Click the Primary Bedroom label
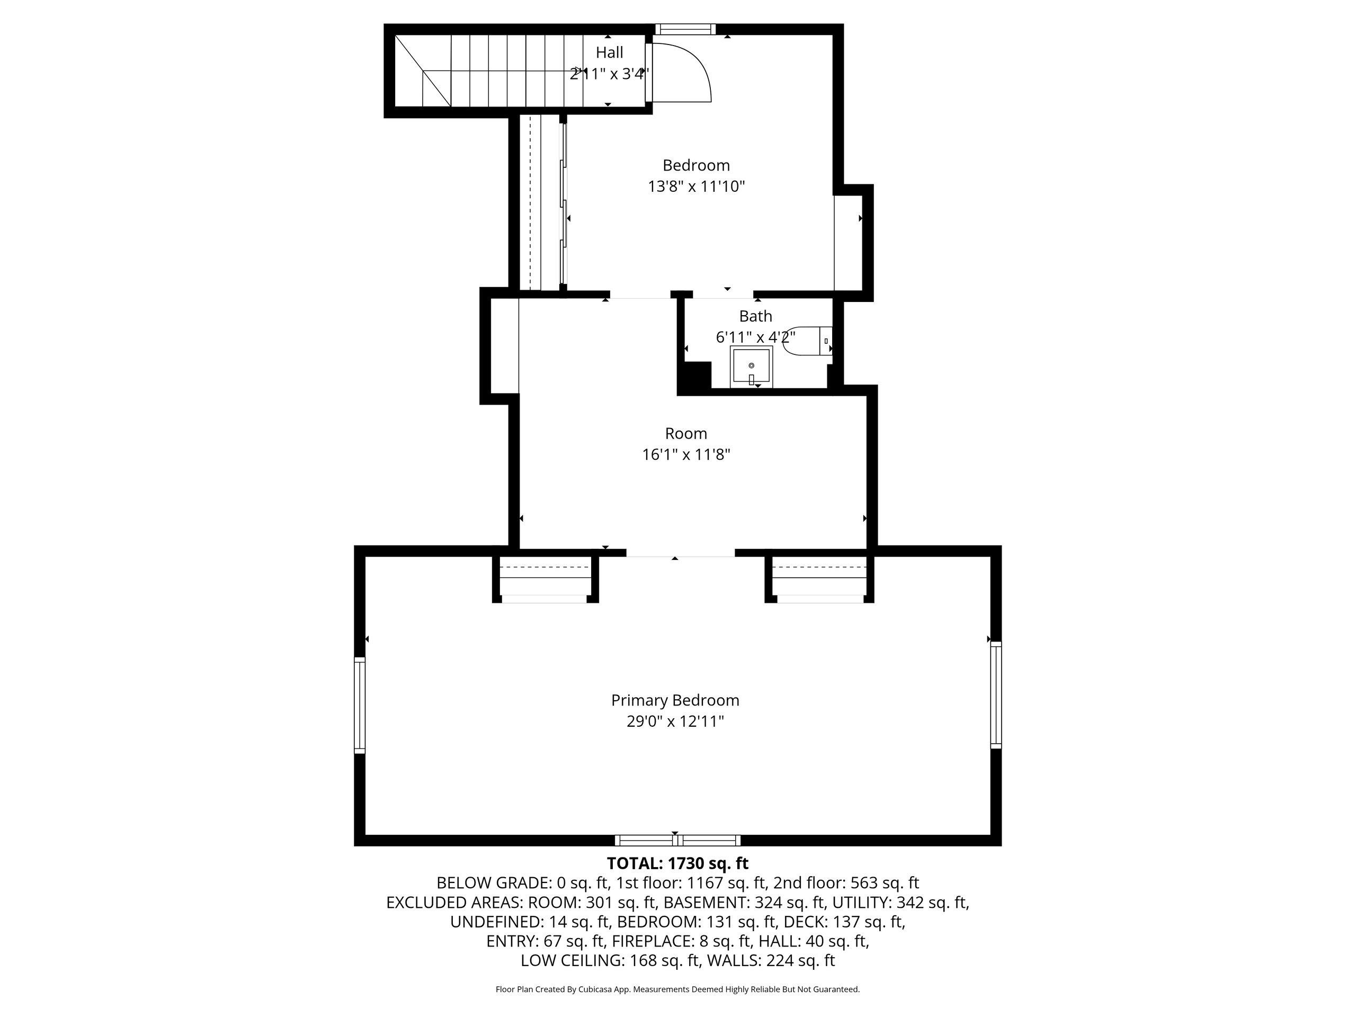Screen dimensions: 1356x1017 click(x=675, y=700)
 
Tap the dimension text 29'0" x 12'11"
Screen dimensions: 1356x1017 click(x=675, y=721)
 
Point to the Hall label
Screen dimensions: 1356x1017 click(x=609, y=53)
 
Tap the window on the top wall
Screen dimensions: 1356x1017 click(x=685, y=29)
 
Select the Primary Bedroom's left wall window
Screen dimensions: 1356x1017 click(x=360, y=705)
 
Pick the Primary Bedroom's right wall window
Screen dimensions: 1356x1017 click(x=996, y=695)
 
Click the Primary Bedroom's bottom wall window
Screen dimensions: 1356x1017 click(x=677, y=841)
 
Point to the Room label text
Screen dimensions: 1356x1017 click(x=686, y=433)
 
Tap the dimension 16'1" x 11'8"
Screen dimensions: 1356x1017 click(x=686, y=455)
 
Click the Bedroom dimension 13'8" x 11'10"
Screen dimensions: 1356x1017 click(x=697, y=186)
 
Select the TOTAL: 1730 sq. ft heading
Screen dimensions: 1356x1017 click(x=677, y=863)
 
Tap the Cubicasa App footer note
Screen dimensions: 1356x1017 click(x=677, y=989)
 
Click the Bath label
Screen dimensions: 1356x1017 click(x=755, y=316)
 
